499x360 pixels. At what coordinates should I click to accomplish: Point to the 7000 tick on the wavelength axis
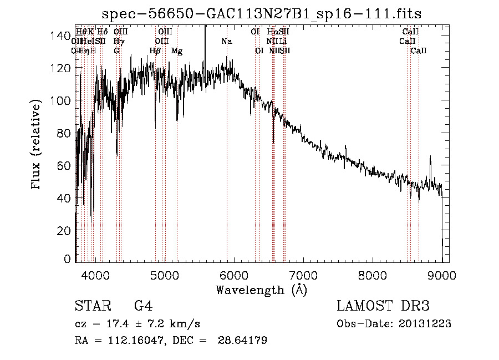click(303, 275)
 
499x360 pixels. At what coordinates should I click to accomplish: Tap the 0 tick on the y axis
click(68, 259)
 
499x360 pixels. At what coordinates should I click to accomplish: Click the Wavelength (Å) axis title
click(261, 290)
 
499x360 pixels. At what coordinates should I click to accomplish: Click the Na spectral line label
click(226, 42)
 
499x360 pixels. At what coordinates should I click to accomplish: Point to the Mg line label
click(177, 51)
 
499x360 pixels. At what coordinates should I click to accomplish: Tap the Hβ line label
click(155, 51)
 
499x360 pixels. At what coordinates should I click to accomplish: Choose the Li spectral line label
click(283, 42)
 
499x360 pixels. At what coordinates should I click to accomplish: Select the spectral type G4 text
click(143, 306)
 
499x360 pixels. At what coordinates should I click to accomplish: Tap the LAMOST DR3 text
click(383, 306)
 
